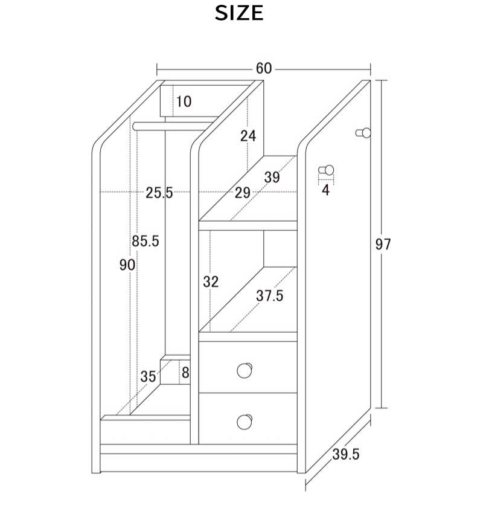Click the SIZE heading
click(x=239, y=13)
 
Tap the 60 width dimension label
click(x=264, y=68)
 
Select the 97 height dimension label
click(x=383, y=245)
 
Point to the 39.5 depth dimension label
click(x=345, y=454)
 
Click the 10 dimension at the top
click(x=184, y=101)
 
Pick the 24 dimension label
click(x=248, y=136)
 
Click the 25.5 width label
click(x=159, y=193)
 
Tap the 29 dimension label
click(x=242, y=193)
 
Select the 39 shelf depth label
click(x=272, y=178)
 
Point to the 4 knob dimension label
click(x=326, y=190)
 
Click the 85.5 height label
click(x=146, y=241)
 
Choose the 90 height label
click(x=127, y=265)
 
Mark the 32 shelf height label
click(x=211, y=282)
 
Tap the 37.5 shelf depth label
click(x=270, y=296)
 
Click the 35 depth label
click(x=148, y=376)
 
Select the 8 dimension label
click(x=185, y=373)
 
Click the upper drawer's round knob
click(x=245, y=371)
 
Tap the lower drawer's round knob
click(x=245, y=422)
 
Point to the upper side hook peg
click(x=363, y=133)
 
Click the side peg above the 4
click(x=326, y=170)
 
